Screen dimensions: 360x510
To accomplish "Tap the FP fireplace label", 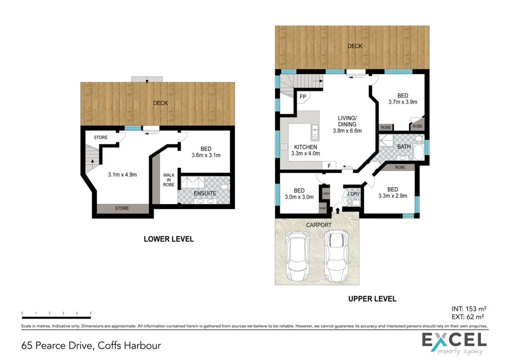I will pyautogui.click(x=302, y=96).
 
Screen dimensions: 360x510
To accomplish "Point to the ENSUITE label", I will pyautogui.click(x=205, y=194).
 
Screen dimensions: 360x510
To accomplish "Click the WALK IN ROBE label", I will pyautogui.click(x=168, y=180).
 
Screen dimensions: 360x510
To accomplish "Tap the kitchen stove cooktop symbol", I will pyautogui.click(x=284, y=147).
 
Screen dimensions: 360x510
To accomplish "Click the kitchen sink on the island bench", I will pyautogui.click(x=315, y=132).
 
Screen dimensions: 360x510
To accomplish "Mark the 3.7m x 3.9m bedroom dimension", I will pyautogui.click(x=403, y=102).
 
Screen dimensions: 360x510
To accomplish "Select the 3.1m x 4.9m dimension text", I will pyautogui.click(x=122, y=174).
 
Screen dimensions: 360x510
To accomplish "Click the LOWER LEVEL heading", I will pyautogui.click(x=168, y=239).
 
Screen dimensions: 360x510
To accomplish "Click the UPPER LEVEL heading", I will pyautogui.click(x=372, y=299).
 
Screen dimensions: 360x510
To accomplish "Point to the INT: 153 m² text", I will pyautogui.click(x=469, y=308).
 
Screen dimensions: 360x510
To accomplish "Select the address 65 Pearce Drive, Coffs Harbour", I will pyautogui.click(x=91, y=345).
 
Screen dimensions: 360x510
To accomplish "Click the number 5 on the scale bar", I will pyautogui.click(x=90, y=312).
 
